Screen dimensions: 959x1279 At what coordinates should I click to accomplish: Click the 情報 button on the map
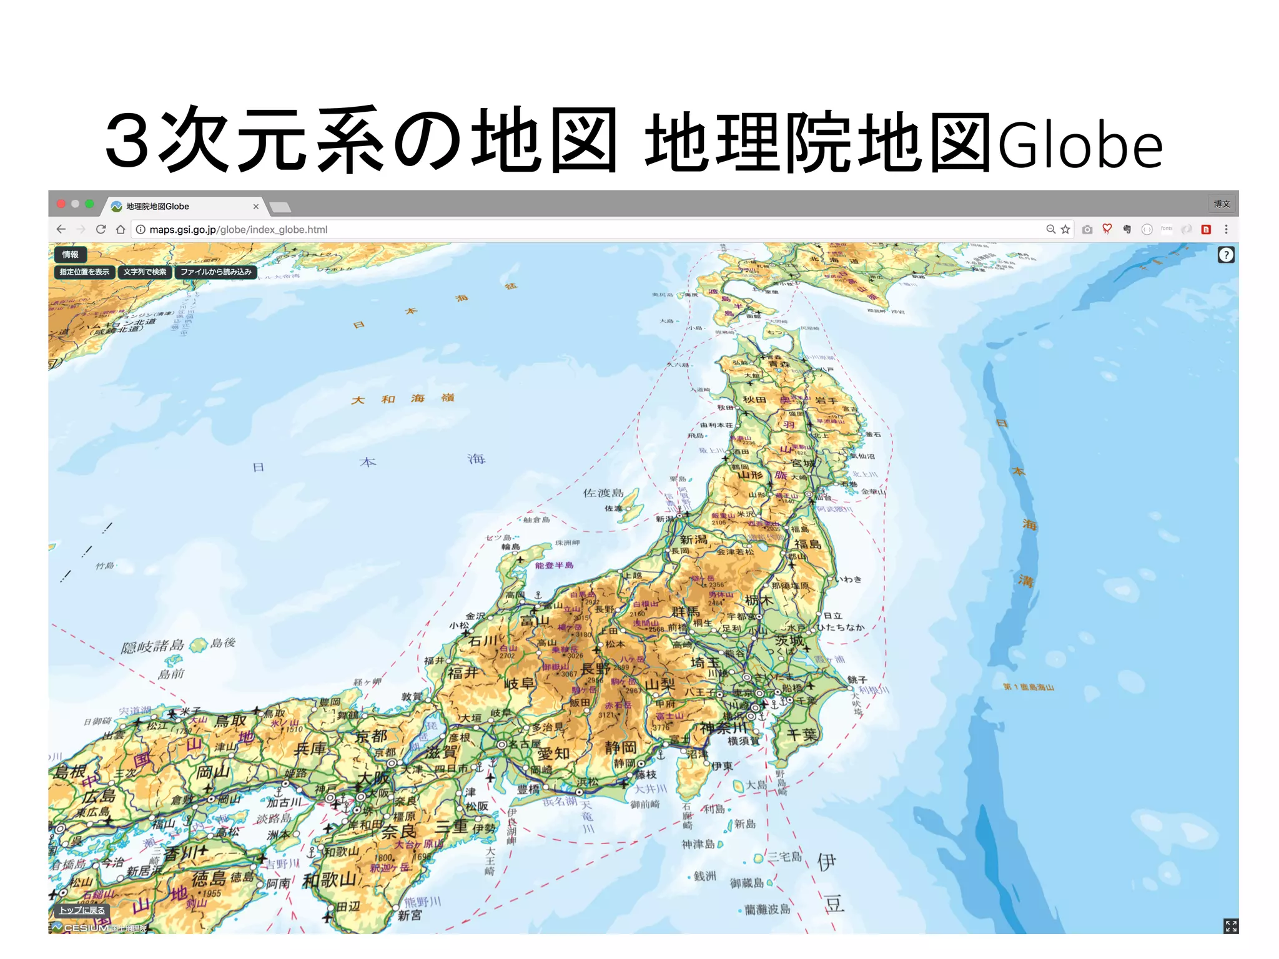click(x=70, y=255)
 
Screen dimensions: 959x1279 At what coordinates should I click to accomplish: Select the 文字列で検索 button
click(x=145, y=272)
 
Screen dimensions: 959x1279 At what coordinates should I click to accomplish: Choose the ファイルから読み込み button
click(x=215, y=272)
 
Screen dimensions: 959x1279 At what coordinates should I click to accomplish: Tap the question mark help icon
click(x=1226, y=255)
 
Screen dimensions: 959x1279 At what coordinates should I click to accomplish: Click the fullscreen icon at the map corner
click(x=1230, y=926)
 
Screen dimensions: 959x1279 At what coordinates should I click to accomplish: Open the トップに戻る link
click(x=82, y=910)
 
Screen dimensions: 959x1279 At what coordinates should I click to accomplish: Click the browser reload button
click(x=101, y=230)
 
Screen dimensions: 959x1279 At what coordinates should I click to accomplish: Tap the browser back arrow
click(x=61, y=230)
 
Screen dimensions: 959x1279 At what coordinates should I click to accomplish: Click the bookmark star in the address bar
click(x=1065, y=230)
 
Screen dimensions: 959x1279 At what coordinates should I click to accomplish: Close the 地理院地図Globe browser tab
click(x=255, y=207)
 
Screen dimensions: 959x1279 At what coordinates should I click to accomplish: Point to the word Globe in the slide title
click(x=1080, y=145)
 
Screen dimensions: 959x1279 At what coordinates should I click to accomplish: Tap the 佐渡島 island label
click(x=603, y=493)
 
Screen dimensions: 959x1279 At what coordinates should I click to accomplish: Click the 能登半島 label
click(x=554, y=566)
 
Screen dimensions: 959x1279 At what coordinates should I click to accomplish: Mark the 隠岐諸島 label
click(x=153, y=646)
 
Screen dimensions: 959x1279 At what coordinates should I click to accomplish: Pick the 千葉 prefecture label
click(x=802, y=735)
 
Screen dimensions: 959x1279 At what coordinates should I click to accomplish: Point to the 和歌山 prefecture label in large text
click(x=330, y=880)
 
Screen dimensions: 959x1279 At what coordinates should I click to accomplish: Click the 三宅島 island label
click(x=784, y=857)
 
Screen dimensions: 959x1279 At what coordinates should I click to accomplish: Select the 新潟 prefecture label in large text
click(x=693, y=539)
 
